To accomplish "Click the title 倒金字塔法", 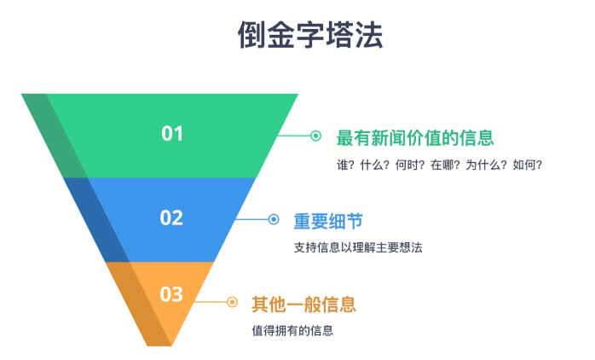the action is pyautogui.click(x=310, y=35).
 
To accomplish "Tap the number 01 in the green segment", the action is pyautogui.click(x=172, y=134).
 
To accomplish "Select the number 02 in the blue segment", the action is pyautogui.click(x=171, y=218).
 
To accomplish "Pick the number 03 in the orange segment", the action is pyautogui.click(x=171, y=294).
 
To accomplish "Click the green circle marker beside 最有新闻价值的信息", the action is pyautogui.click(x=315, y=136).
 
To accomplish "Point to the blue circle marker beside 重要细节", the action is pyautogui.click(x=274, y=219).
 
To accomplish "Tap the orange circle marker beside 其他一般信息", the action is pyautogui.click(x=232, y=302).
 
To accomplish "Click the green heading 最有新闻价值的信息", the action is pyautogui.click(x=415, y=138).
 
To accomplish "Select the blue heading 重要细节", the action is pyautogui.click(x=328, y=222).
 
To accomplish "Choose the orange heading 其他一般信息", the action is pyautogui.click(x=304, y=305).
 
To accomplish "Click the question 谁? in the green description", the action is pyautogui.click(x=345, y=165).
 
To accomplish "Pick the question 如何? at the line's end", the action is pyautogui.click(x=528, y=165).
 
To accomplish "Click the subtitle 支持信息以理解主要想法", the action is pyautogui.click(x=358, y=247).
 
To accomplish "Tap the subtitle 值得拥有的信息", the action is pyautogui.click(x=292, y=330).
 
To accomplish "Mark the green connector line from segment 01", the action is pyautogui.click(x=294, y=136).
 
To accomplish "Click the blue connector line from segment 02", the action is pyautogui.click(x=252, y=219).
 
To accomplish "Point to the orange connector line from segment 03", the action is pyautogui.click(x=211, y=302).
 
